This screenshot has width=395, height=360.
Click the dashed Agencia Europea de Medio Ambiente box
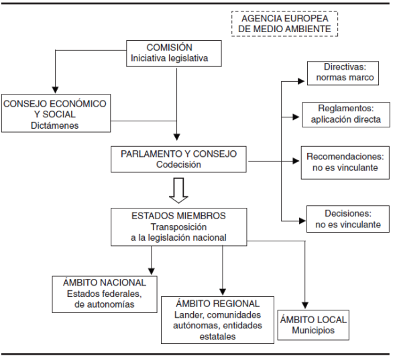(x=284, y=23)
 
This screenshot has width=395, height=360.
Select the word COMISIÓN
(x=170, y=48)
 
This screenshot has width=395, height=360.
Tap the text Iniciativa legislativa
(x=170, y=59)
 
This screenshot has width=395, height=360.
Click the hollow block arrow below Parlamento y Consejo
(x=178, y=190)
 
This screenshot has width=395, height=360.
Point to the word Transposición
(x=178, y=227)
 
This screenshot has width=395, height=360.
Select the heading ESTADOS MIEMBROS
(x=178, y=216)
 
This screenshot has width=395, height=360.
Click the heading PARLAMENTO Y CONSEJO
(x=178, y=154)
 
